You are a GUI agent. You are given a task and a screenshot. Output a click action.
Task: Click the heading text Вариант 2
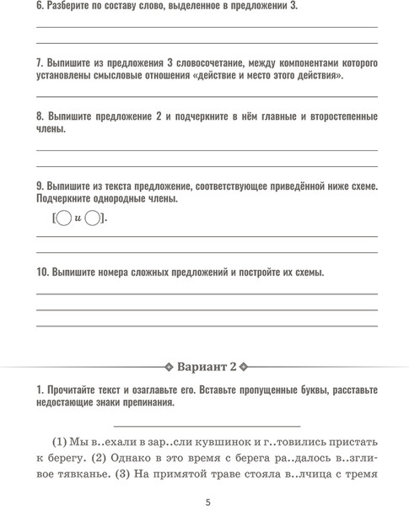point(207,368)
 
